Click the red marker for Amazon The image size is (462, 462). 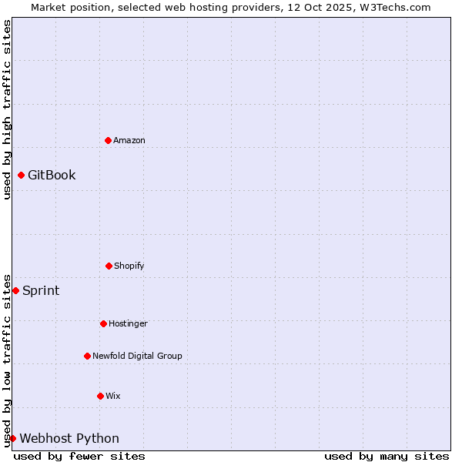pyautogui.click(x=108, y=140)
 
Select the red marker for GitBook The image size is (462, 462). pyautogui.click(x=21, y=175)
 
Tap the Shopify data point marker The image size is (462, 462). pyautogui.click(x=109, y=266)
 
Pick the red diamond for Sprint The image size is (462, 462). pyautogui.click(x=15, y=290)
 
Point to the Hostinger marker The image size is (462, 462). pyautogui.click(x=103, y=323)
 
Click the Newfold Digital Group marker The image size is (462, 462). pyautogui.click(x=87, y=356)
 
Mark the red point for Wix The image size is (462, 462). pyautogui.click(x=100, y=396)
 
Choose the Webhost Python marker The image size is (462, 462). pyautogui.click(x=12, y=438)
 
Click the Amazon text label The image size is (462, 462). pyautogui.click(x=129, y=140)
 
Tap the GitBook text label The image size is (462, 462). pyautogui.click(x=52, y=175)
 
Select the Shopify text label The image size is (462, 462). pyautogui.click(x=129, y=266)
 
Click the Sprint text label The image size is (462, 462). pyautogui.click(x=41, y=290)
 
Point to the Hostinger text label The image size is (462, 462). pyautogui.click(x=128, y=323)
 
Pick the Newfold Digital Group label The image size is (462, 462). pyautogui.click(x=137, y=356)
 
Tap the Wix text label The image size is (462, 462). pyautogui.click(x=113, y=396)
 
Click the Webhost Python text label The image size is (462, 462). pyautogui.click(x=69, y=438)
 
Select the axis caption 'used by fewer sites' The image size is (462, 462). pyautogui.click(x=79, y=456)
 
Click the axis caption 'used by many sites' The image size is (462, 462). pyautogui.click(x=387, y=456)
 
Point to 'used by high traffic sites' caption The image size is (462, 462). pyautogui.click(x=7, y=109)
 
